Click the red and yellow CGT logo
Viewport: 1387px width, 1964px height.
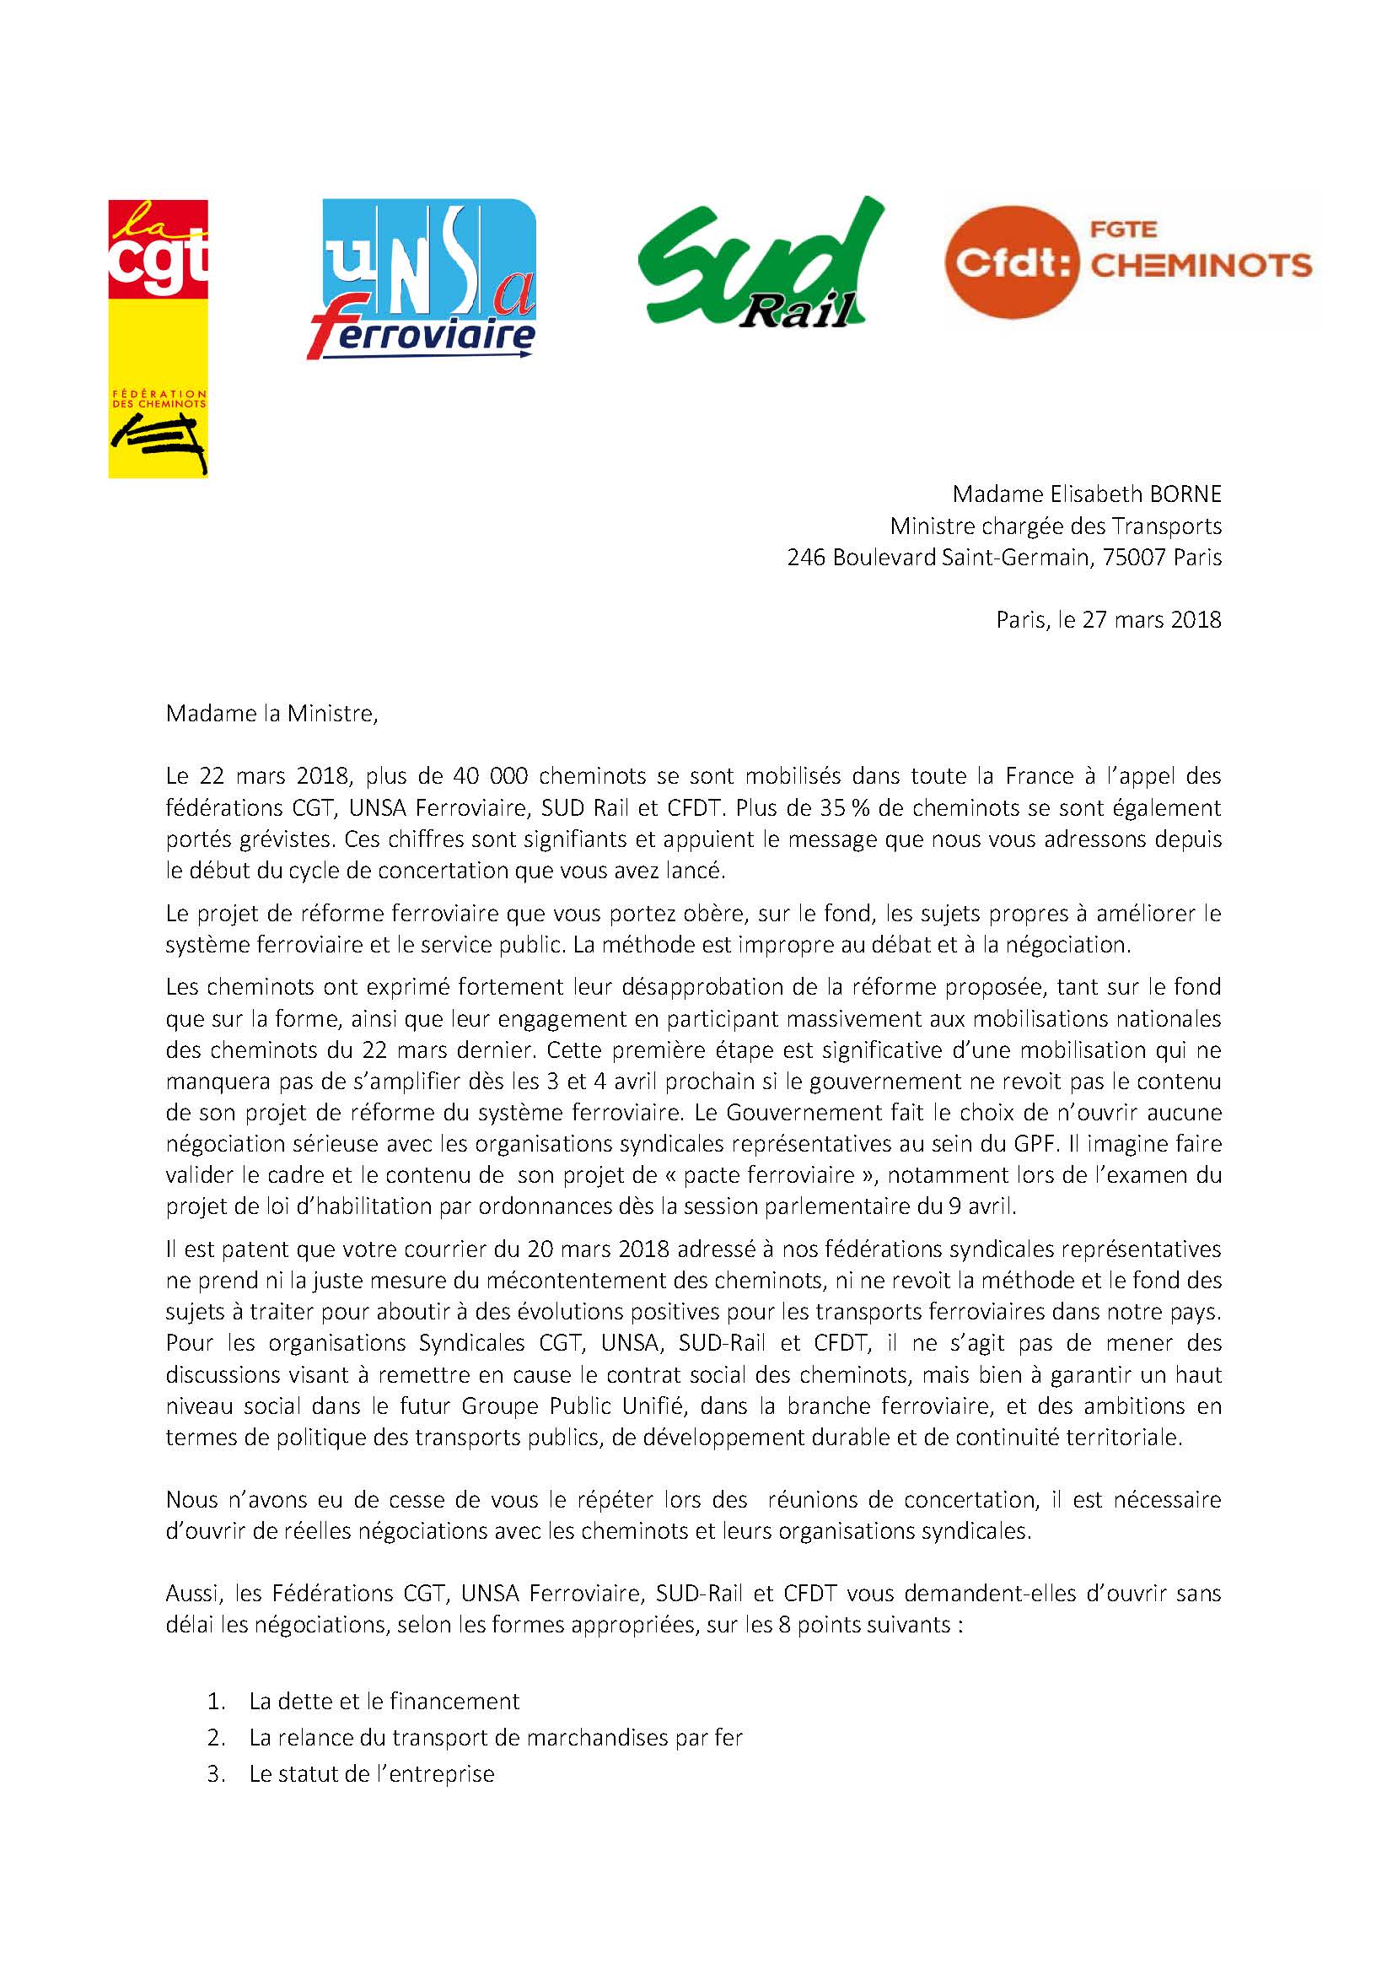[159, 338]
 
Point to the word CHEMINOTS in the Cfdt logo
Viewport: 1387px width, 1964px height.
[1202, 264]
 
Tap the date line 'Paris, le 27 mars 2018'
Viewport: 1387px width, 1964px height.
[1108, 619]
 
